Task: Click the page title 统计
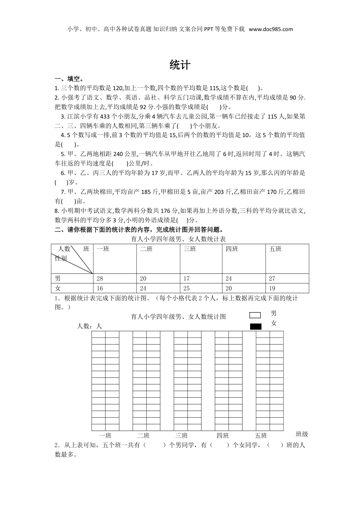click(x=180, y=65)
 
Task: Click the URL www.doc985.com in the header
click(x=271, y=29)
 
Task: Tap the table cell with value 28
click(x=100, y=278)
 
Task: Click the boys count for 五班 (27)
click(x=272, y=278)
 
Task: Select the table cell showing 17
click(x=186, y=278)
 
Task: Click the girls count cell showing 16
click(x=100, y=288)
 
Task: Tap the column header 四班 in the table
click(x=232, y=249)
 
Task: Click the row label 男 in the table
click(x=58, y=278)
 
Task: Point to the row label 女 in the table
click(x=58, y=288)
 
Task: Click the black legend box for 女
click(x=256, y=326)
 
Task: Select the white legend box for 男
click(x=255, y=315)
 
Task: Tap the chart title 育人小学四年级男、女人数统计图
click(x=178, y=317)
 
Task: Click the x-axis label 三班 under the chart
click(x=182, y=436)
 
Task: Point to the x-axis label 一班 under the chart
click(x=105, y=436)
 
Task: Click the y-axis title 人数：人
click(x=90, y=326)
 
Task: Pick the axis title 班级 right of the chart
click(x=302, y=434)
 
